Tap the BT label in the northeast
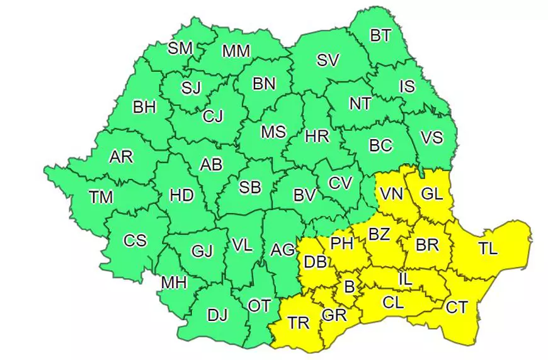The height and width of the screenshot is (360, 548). click(380, 36)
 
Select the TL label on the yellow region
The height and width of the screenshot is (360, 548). click(487, 248)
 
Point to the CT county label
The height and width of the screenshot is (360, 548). click(457, 308)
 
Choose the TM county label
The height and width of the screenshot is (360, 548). click(101, 197)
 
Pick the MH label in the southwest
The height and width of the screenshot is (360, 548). click(174, 283)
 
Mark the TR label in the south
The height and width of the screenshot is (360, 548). click(299, 323)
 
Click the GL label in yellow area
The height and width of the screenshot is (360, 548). click(432, 194)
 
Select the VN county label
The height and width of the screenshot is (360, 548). click(391, 194)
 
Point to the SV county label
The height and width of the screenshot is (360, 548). click(328, 60)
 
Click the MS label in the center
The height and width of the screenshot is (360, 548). click(273, 132)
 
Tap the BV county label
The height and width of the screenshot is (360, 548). click(304, 196)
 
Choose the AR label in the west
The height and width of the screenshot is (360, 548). click(121, 156)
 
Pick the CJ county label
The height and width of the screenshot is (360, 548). click(212, 116)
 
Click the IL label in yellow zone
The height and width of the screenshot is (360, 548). click(406, 278)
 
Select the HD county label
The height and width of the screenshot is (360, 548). click(181, 196)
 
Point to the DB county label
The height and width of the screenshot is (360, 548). click(314, 262)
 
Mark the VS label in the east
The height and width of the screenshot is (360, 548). click(431, 137)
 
